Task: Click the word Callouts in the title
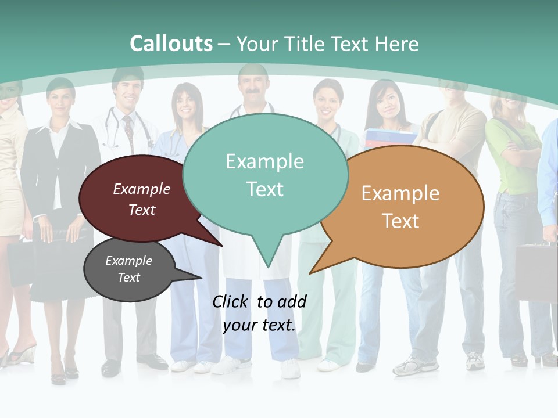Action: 171,44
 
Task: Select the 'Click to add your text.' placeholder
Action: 259,313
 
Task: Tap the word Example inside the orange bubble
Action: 400,193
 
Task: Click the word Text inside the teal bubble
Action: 265,189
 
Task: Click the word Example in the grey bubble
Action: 128,261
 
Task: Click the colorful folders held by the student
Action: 391,137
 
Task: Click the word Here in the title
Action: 399,44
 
